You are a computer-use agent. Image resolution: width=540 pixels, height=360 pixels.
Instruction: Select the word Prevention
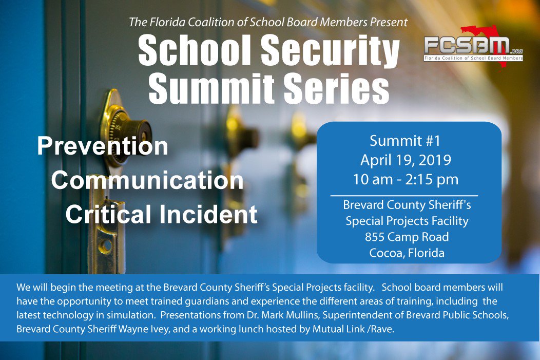point(102,146)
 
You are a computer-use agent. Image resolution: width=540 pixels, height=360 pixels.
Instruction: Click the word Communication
point(147,180)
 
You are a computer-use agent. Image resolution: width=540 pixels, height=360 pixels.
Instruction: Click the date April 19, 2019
point(406,160)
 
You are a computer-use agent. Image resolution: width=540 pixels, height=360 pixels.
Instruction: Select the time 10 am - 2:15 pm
point(405,180)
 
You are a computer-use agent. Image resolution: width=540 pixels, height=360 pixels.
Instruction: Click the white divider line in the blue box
point(404,196)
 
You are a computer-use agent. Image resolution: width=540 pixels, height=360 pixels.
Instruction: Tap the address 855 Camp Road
point(407,237)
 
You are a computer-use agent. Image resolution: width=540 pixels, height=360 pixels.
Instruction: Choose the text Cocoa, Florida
point(407,253)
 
